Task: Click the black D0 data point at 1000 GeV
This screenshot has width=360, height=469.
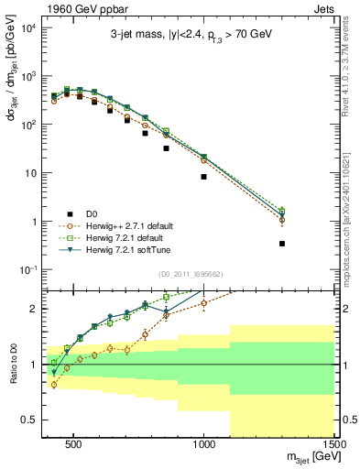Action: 203,177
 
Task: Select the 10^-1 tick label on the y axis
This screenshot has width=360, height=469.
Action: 27,269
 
